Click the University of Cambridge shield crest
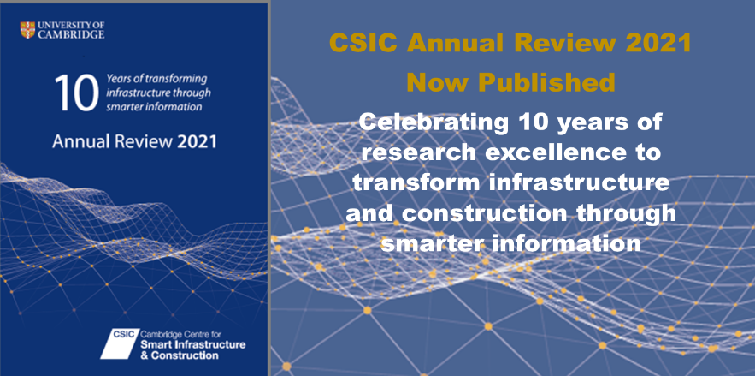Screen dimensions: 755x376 tap(27, 30)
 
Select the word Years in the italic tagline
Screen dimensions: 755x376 tap(117, 79)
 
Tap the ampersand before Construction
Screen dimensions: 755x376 tap(145, 355)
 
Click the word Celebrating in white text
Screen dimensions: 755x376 tap(434, 123)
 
